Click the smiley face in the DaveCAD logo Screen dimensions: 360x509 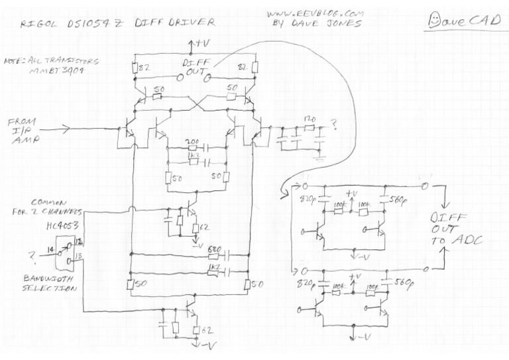point(435,20)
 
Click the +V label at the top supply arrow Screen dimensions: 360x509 point(198,44)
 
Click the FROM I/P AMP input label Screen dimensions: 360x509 point(25,131)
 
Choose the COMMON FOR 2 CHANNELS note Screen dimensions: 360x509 point(57,207)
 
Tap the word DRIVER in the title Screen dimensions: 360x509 point(192,22)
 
